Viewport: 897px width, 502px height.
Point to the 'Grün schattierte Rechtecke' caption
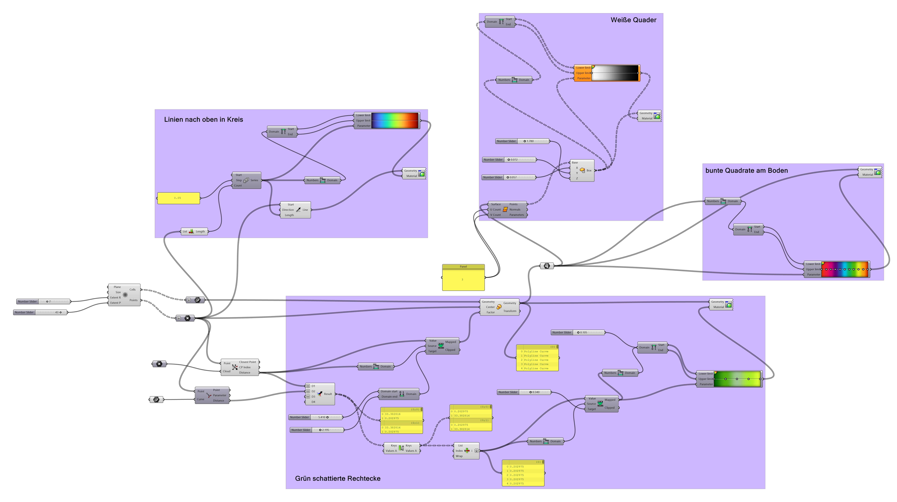click(x=337, y=478)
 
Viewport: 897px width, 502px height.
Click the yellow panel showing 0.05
click(x=178, y=198)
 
